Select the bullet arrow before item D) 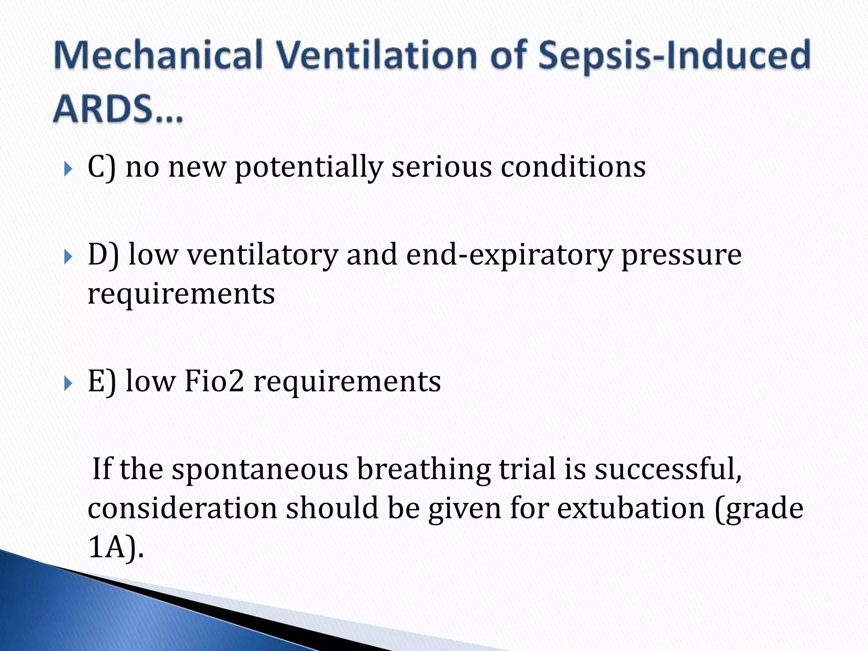click(69, 257)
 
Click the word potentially click(309, 168)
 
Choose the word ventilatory click(262, 255)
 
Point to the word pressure click(681, 256)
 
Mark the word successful click(668, 469)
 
